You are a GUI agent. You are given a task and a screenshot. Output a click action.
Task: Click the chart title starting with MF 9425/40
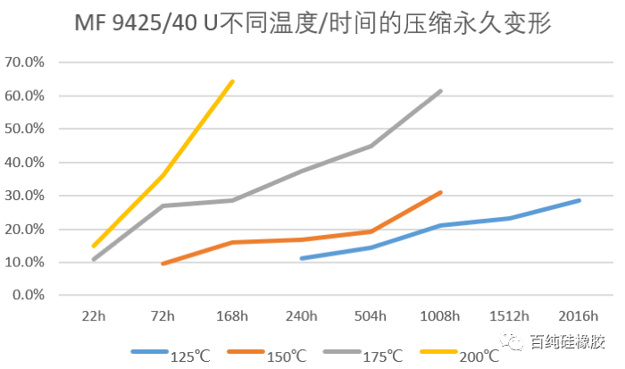(313, 23)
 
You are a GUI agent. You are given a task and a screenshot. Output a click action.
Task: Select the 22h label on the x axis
(93, 315)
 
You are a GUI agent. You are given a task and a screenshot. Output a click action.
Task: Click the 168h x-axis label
(232, 315)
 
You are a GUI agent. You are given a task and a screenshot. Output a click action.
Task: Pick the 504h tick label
(371, 315)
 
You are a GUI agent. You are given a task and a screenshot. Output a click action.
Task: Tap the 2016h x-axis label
(579, 315)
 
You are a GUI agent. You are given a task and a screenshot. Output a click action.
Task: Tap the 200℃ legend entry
(463, 354)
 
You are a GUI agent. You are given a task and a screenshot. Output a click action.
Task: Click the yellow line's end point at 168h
(232, 81)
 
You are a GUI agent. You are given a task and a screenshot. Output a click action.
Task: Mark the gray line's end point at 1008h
(440, 91)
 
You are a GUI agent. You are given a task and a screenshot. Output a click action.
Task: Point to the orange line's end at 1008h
(440, 192)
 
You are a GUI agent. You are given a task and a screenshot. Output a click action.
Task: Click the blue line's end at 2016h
(579, 200)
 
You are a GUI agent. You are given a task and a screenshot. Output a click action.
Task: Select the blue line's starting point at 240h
(302, 258)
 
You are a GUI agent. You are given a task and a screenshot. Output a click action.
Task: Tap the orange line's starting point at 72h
(162, 264)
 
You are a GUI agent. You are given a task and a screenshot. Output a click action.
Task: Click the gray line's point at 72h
(162, 205)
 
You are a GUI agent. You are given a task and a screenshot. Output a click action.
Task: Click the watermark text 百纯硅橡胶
(566, 341)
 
